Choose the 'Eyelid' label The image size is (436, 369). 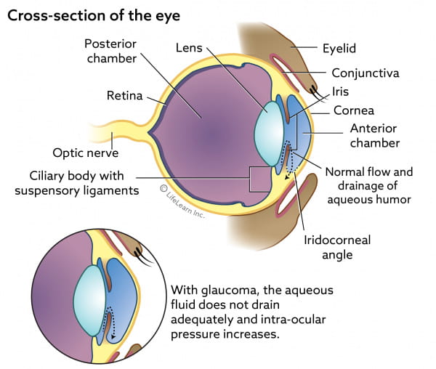click(340, 49)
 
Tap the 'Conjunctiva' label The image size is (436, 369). click(365, 73)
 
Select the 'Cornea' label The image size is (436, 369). click(354, 110)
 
